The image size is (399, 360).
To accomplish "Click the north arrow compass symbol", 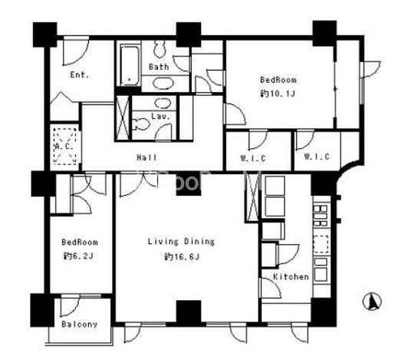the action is tap(372, 302).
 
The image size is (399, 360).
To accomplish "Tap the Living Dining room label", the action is tap(181, 242).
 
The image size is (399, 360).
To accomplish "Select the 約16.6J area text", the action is tap(182, 256).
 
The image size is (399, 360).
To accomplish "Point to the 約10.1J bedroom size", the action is tap(278, 94).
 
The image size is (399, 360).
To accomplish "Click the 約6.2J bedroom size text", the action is tap(78, 256).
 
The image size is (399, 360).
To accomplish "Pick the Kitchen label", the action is tap(291, 276).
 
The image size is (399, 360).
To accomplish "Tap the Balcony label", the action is tap(79, 324).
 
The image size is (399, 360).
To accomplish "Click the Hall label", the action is tap(147, 157).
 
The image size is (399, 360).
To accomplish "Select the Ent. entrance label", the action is tap(80, 74).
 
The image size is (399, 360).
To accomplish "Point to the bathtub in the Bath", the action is tap(130, 65).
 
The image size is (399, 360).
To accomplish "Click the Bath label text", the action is tap(159, 67).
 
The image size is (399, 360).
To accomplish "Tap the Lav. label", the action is tap(160, 117).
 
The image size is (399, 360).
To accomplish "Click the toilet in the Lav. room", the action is tap(140, 124).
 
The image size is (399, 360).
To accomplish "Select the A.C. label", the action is tap(64, 147).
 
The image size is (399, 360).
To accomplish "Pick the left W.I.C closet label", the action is tap(253, 158).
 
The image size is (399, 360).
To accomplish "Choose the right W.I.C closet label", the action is tap(317, 157).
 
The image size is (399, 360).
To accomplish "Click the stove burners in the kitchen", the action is tap(320, 216).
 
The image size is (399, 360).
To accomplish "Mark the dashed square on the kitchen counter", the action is tap(321, 244).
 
